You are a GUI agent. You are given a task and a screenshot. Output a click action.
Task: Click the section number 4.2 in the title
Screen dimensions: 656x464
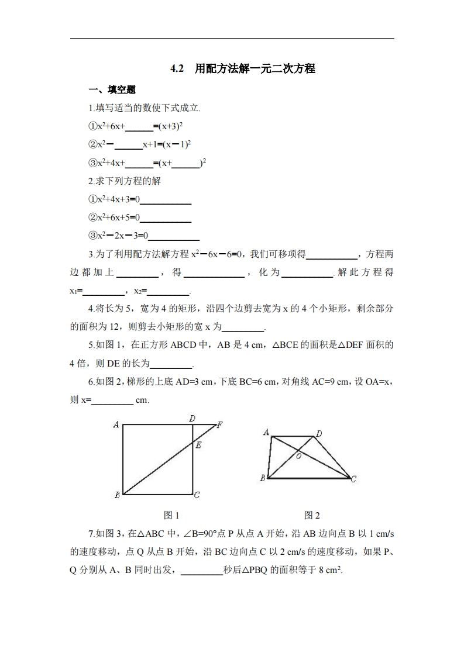click(x=177, y=69)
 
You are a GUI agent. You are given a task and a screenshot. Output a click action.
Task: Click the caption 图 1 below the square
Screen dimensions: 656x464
click(x=171, y=515)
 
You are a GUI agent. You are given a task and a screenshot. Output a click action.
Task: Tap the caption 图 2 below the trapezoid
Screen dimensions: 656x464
click(x=312, y=515)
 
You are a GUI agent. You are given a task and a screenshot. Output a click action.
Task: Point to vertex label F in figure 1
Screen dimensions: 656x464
click(x=219, y=425)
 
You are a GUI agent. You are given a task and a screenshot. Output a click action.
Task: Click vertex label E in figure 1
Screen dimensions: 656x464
click(x=199, y=446)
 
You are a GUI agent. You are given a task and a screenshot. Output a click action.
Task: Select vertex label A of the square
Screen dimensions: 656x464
click(x=116, y=425)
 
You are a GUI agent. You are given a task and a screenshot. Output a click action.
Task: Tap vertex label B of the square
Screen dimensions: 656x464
click(x=117, y=495)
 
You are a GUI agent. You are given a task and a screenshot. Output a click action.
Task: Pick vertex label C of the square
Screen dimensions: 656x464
click(x=197, y=495)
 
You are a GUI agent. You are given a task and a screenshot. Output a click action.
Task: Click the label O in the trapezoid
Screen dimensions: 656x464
click(x=298, y=456)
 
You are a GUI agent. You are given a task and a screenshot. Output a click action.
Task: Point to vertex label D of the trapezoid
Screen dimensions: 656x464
click(x=319, y=434)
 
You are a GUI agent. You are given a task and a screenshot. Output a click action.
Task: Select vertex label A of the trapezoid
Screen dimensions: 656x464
click(x=266, y=433)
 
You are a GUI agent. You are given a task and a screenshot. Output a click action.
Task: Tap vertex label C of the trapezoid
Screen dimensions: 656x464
click(x=353, y=479)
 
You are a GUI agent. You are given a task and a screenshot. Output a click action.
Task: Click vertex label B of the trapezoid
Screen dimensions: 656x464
click(x=263, y=478)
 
